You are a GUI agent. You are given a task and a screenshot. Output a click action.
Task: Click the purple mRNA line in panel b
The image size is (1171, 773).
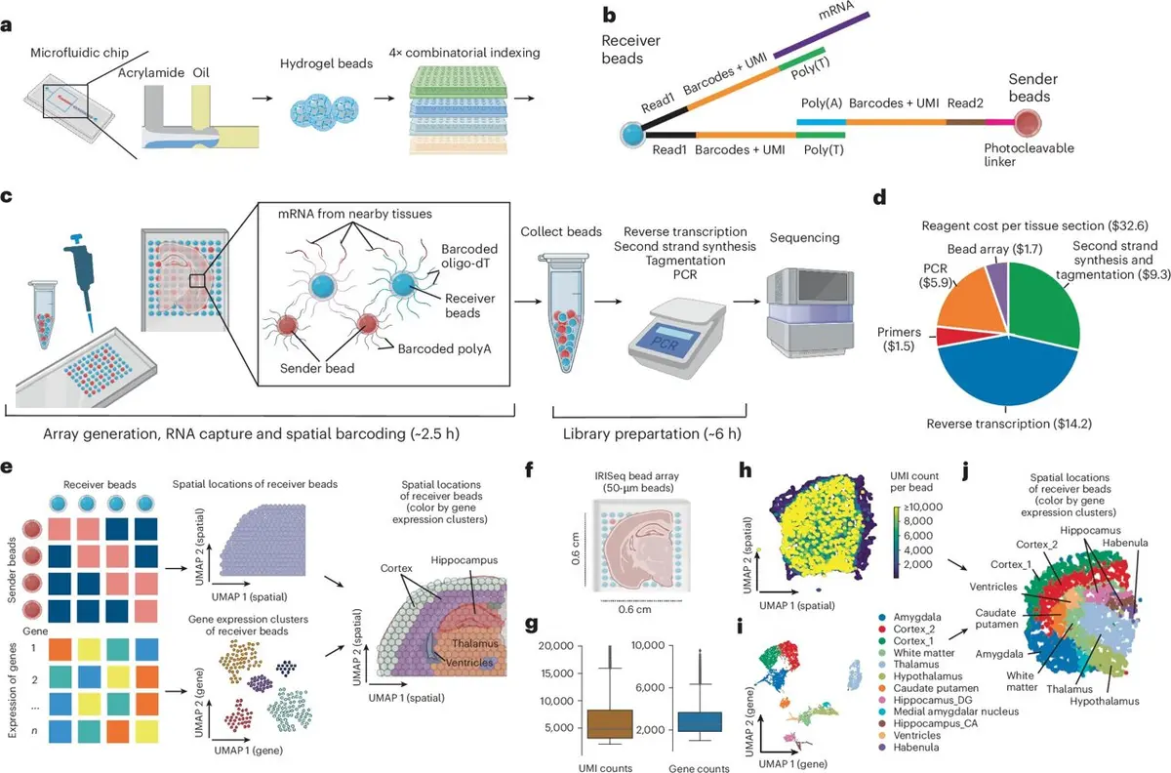click(822, 34)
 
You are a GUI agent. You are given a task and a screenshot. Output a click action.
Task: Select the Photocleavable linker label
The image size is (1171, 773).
click(1029, 155)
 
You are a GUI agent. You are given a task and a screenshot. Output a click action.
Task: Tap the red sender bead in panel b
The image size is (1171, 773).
click(1028, 123)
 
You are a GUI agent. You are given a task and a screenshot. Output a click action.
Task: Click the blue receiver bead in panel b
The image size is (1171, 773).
click(632, 135)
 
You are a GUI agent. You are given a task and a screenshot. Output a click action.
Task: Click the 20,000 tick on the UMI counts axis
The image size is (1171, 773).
click(556, 646)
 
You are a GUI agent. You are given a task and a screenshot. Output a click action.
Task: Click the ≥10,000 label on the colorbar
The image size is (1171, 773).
click(924, 507)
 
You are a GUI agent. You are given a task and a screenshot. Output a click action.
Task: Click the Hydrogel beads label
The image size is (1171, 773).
click(326, 63)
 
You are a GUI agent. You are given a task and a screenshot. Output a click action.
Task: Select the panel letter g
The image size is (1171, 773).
click(531, 625)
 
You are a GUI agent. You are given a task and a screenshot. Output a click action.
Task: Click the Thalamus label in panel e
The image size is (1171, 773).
click(474, 643)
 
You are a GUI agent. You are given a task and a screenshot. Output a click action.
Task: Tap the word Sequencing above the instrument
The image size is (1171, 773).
click(804, 238)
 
